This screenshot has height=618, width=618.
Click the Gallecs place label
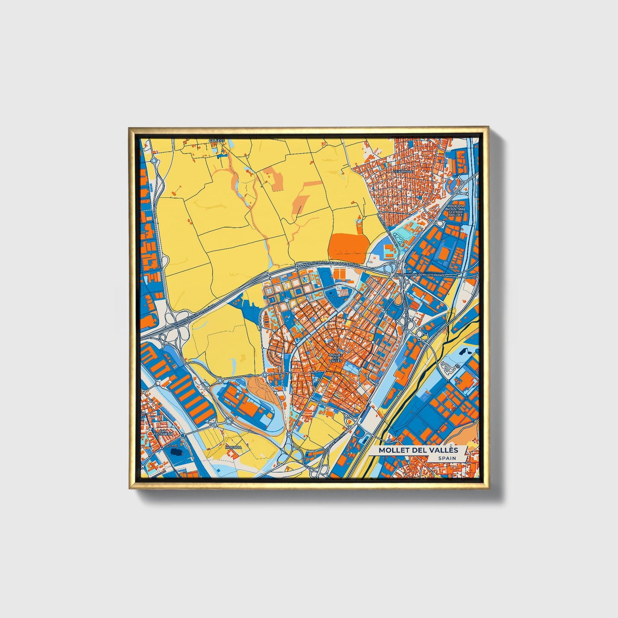[216, 140]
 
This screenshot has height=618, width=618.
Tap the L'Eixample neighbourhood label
[403, 171]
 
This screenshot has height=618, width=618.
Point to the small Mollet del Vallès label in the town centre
[335, 358]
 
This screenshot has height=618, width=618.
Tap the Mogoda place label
[234, 447]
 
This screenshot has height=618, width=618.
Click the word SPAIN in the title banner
[446, 458]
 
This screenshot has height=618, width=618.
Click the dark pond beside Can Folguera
[175, 452]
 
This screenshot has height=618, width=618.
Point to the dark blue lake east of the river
[463, 352]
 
